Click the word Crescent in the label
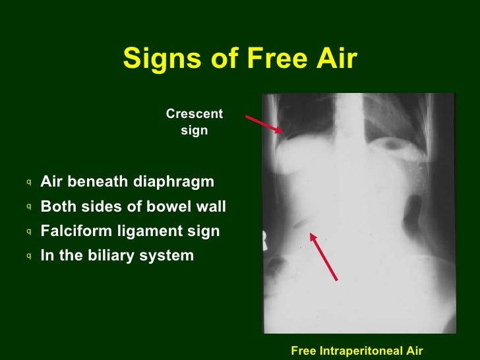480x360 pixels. pos(195,114)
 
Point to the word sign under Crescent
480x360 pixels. pos(195,131)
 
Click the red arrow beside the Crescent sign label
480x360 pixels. pos(264,125)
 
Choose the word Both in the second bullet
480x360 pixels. pos(56,206)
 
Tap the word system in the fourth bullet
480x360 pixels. pos(171,256)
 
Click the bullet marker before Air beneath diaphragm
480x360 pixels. pos(30,182)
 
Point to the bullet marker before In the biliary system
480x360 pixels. pos(30,256)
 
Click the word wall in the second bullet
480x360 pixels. pos(212,206)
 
